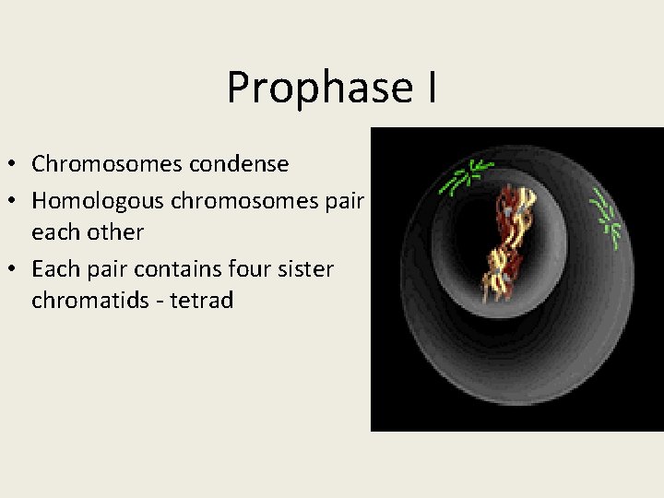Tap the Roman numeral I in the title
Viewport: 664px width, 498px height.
[x=431, y=87]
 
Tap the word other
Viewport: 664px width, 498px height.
[x=117, y=232]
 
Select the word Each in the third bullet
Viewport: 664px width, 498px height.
[x=52, y=268]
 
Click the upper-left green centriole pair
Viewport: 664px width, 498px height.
[x=468, y=176]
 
